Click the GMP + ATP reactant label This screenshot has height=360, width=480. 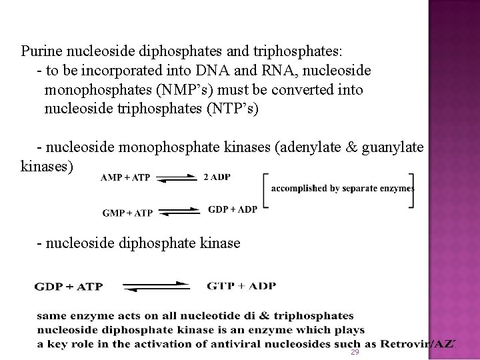coord(127,213)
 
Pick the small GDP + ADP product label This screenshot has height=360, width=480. coord(233,209)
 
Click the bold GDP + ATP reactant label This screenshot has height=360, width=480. coord(78,287)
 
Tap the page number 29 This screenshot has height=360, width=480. coord(355,351)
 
